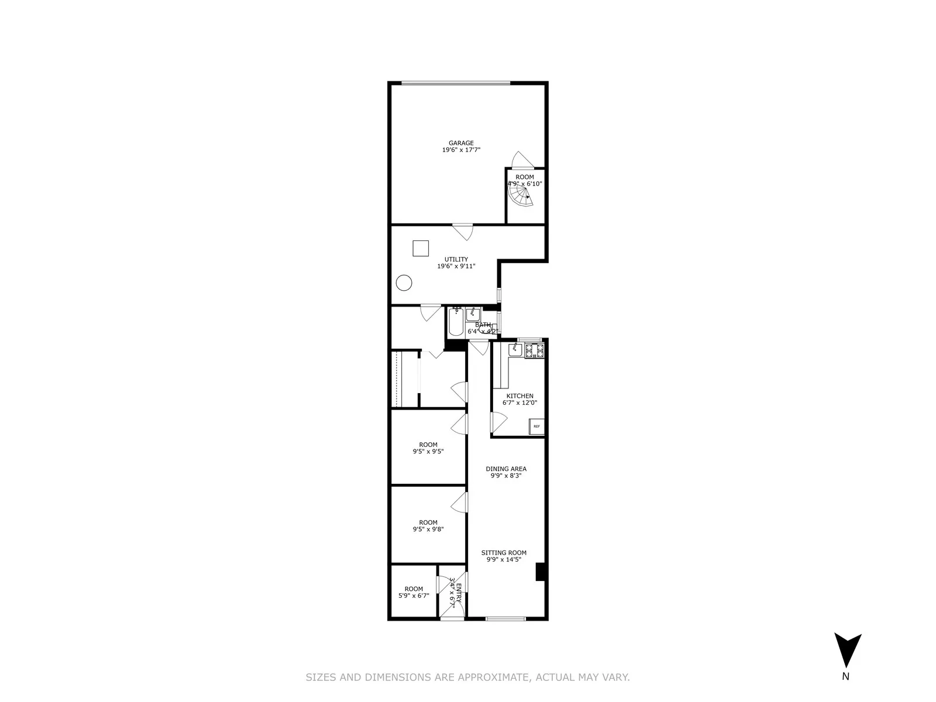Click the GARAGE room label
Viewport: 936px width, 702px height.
[461, 143]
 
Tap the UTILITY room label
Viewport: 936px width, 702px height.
[456, 259]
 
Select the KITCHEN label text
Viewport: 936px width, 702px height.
[519, 396]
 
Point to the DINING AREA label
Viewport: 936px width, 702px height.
[506, 469]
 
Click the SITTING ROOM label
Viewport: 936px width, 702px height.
[504, 552]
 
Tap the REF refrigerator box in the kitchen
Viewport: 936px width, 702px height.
[536, 427]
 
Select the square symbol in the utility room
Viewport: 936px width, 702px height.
[421, 248]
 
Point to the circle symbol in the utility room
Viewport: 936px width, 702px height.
[404, 283]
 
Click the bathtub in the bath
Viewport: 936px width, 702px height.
[456, 322]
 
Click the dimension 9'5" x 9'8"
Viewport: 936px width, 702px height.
[428, 529]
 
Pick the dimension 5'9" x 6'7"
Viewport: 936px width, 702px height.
[414, 596]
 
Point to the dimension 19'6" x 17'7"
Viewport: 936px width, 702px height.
[461, 150]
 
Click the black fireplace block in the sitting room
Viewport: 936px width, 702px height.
[541, 572]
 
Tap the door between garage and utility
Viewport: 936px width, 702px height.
[463, 231]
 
